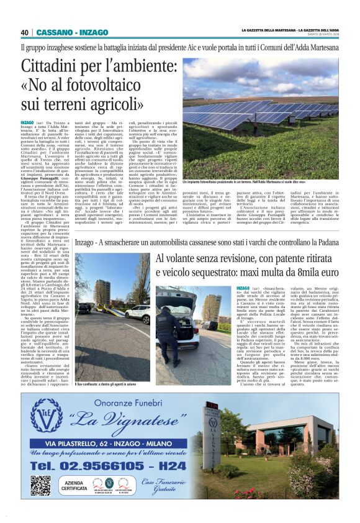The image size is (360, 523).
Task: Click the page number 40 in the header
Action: tap(25, 33)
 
